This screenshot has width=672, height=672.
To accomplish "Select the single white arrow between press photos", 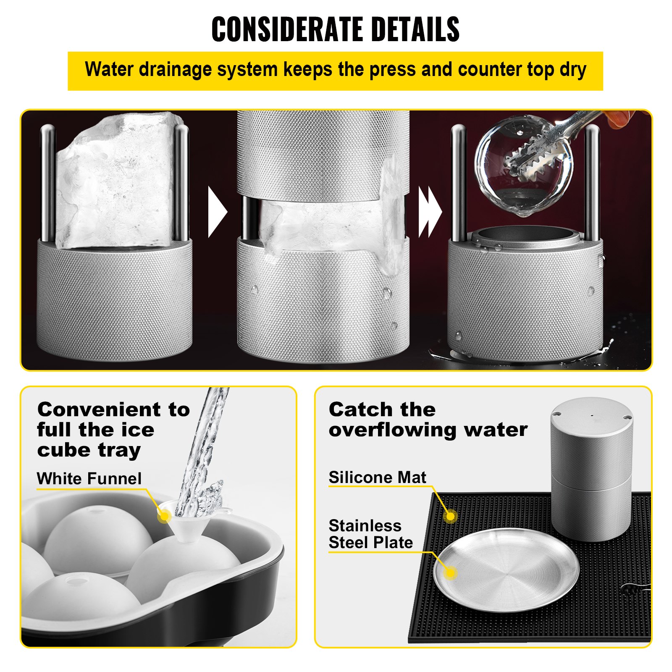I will [x=217, y=212].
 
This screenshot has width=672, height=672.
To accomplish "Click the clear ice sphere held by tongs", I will [x=523, y=166].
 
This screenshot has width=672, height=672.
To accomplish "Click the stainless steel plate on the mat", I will [x=506, y=569].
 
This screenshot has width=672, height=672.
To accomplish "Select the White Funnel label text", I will [x=89, y=479].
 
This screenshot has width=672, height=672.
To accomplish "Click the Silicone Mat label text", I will [x=377, y=478].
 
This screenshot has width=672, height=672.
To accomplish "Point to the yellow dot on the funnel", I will [x=164, y=516].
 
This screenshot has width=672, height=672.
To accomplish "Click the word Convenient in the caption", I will [x=99, y=409].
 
